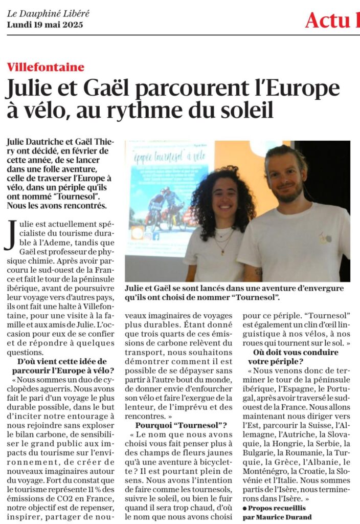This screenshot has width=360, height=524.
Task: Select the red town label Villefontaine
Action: tap(46, 68)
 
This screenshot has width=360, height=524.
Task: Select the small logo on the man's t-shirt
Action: tap(325, 238)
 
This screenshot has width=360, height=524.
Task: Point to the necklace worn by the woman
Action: tap(223, 243)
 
